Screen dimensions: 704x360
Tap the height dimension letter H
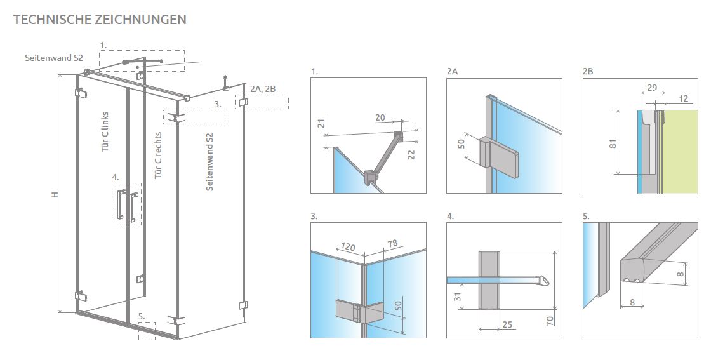coord(55,195)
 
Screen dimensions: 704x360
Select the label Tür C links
coord(105,132)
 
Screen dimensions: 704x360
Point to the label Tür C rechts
coord(158,156)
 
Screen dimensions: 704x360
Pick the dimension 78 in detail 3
coord(392,244)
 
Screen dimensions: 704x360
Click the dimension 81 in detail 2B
coord(613,143)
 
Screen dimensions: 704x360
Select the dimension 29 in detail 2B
coord(652,88)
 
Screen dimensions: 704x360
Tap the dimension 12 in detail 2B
coord(683,98)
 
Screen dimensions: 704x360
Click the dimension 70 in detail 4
coord(550,321)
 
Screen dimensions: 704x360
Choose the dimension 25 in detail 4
coord(507,324)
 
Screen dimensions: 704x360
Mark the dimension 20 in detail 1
coord(380,117)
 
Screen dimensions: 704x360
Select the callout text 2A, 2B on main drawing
coord(263,90)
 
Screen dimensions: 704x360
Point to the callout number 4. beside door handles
coord(116,177)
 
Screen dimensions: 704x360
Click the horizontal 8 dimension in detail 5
coord(632,302)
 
